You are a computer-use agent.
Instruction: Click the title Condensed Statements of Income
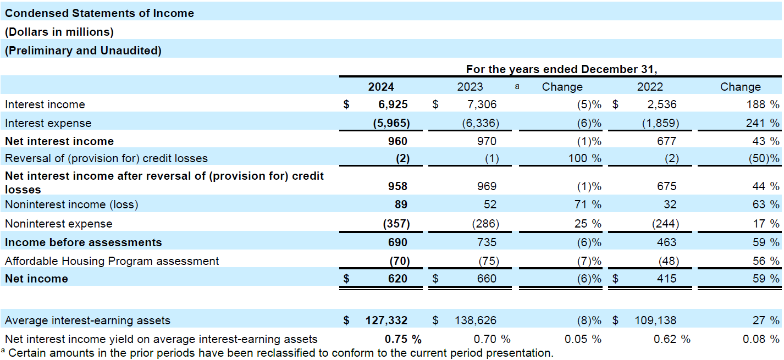click(100, 13)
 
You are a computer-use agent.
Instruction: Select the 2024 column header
click(381, 87)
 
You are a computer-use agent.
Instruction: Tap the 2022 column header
click(650, 87)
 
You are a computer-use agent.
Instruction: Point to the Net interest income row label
click(59, 141)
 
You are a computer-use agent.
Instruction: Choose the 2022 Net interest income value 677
click(666, 141)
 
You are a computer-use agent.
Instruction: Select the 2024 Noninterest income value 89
click(401, 204)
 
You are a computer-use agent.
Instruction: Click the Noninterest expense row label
click(58, 224)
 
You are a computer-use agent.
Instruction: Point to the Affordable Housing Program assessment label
click(112, 261)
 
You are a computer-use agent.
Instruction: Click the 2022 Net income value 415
click(666, 279)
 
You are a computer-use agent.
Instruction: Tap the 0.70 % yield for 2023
click(492, 339)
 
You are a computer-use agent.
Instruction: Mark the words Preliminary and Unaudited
click(83, 51)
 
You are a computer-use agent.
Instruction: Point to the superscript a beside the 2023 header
click(517, 86)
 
